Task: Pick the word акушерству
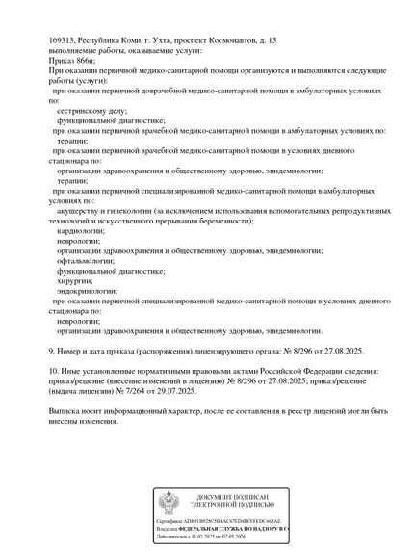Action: (x=81, y=211)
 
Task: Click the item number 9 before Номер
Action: (x=52, y=351)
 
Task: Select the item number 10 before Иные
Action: (x=55, y=371)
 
